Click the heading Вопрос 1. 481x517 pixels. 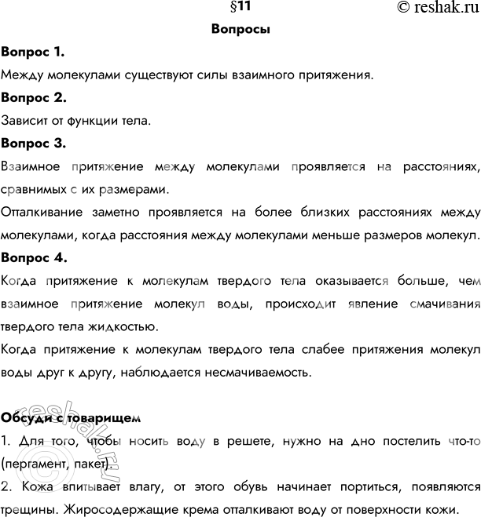(x=33, y=53)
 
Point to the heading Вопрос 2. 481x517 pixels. (x=34, y=99)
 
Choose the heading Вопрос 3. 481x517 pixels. (x=34, y=144)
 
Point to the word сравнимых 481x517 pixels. (x=34, y=190)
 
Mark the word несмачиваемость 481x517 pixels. (x=251, y=371)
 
